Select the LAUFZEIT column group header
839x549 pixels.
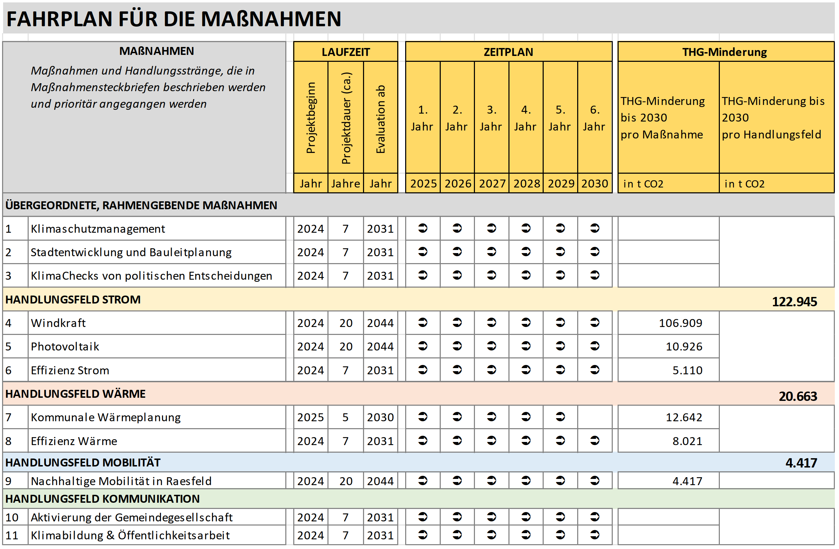345,52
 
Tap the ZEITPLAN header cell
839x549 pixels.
508,52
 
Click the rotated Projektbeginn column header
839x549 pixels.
311,118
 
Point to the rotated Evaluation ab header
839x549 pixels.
380,119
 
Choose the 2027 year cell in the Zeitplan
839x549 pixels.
492,184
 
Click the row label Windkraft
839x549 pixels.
58,323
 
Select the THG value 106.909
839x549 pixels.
680,323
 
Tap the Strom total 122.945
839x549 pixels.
794,302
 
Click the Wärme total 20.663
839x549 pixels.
798,396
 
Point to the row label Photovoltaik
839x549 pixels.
65,347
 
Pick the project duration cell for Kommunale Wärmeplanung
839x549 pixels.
345,417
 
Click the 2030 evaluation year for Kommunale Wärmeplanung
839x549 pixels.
380,417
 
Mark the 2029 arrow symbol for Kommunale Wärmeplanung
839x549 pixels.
560,417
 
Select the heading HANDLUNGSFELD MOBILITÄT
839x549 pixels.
83,463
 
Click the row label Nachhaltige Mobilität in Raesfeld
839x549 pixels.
121,481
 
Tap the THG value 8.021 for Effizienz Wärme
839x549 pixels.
687,441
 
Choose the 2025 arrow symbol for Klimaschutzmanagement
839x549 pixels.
423,229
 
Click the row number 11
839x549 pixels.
12,536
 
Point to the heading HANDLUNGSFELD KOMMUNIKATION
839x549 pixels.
102,499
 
